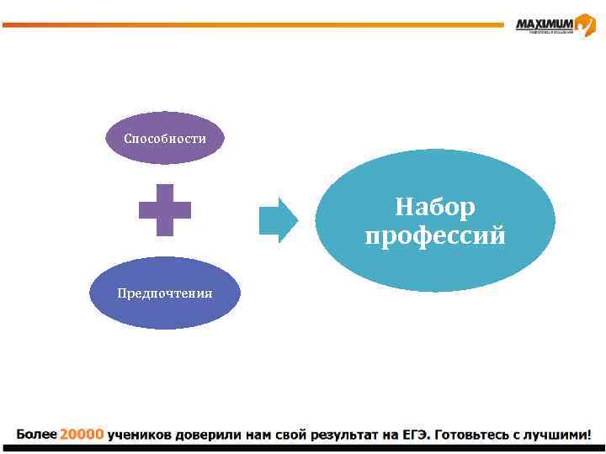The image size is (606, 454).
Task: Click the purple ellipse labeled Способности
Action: click(165, 138)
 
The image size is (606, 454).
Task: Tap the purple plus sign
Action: click(165, 209)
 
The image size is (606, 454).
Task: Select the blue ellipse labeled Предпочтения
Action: click(165, 293)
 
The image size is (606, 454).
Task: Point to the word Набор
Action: click(435, 207)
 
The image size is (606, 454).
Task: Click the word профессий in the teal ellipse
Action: click(435, 236)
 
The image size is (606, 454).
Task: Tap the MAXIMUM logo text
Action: click(544, 24)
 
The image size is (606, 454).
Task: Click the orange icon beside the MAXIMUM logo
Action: click(586, 24)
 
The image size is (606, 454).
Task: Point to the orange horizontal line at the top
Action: click(252, 25)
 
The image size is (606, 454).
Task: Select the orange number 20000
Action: click(81, 435)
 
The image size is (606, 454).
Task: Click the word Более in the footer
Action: click(35, 435)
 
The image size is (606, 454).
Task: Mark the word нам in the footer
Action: click(257, 435)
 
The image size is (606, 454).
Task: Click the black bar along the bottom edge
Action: click(303, 449)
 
